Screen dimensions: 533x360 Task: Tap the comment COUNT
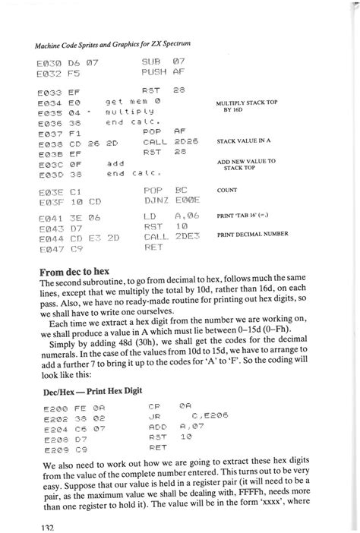227,191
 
